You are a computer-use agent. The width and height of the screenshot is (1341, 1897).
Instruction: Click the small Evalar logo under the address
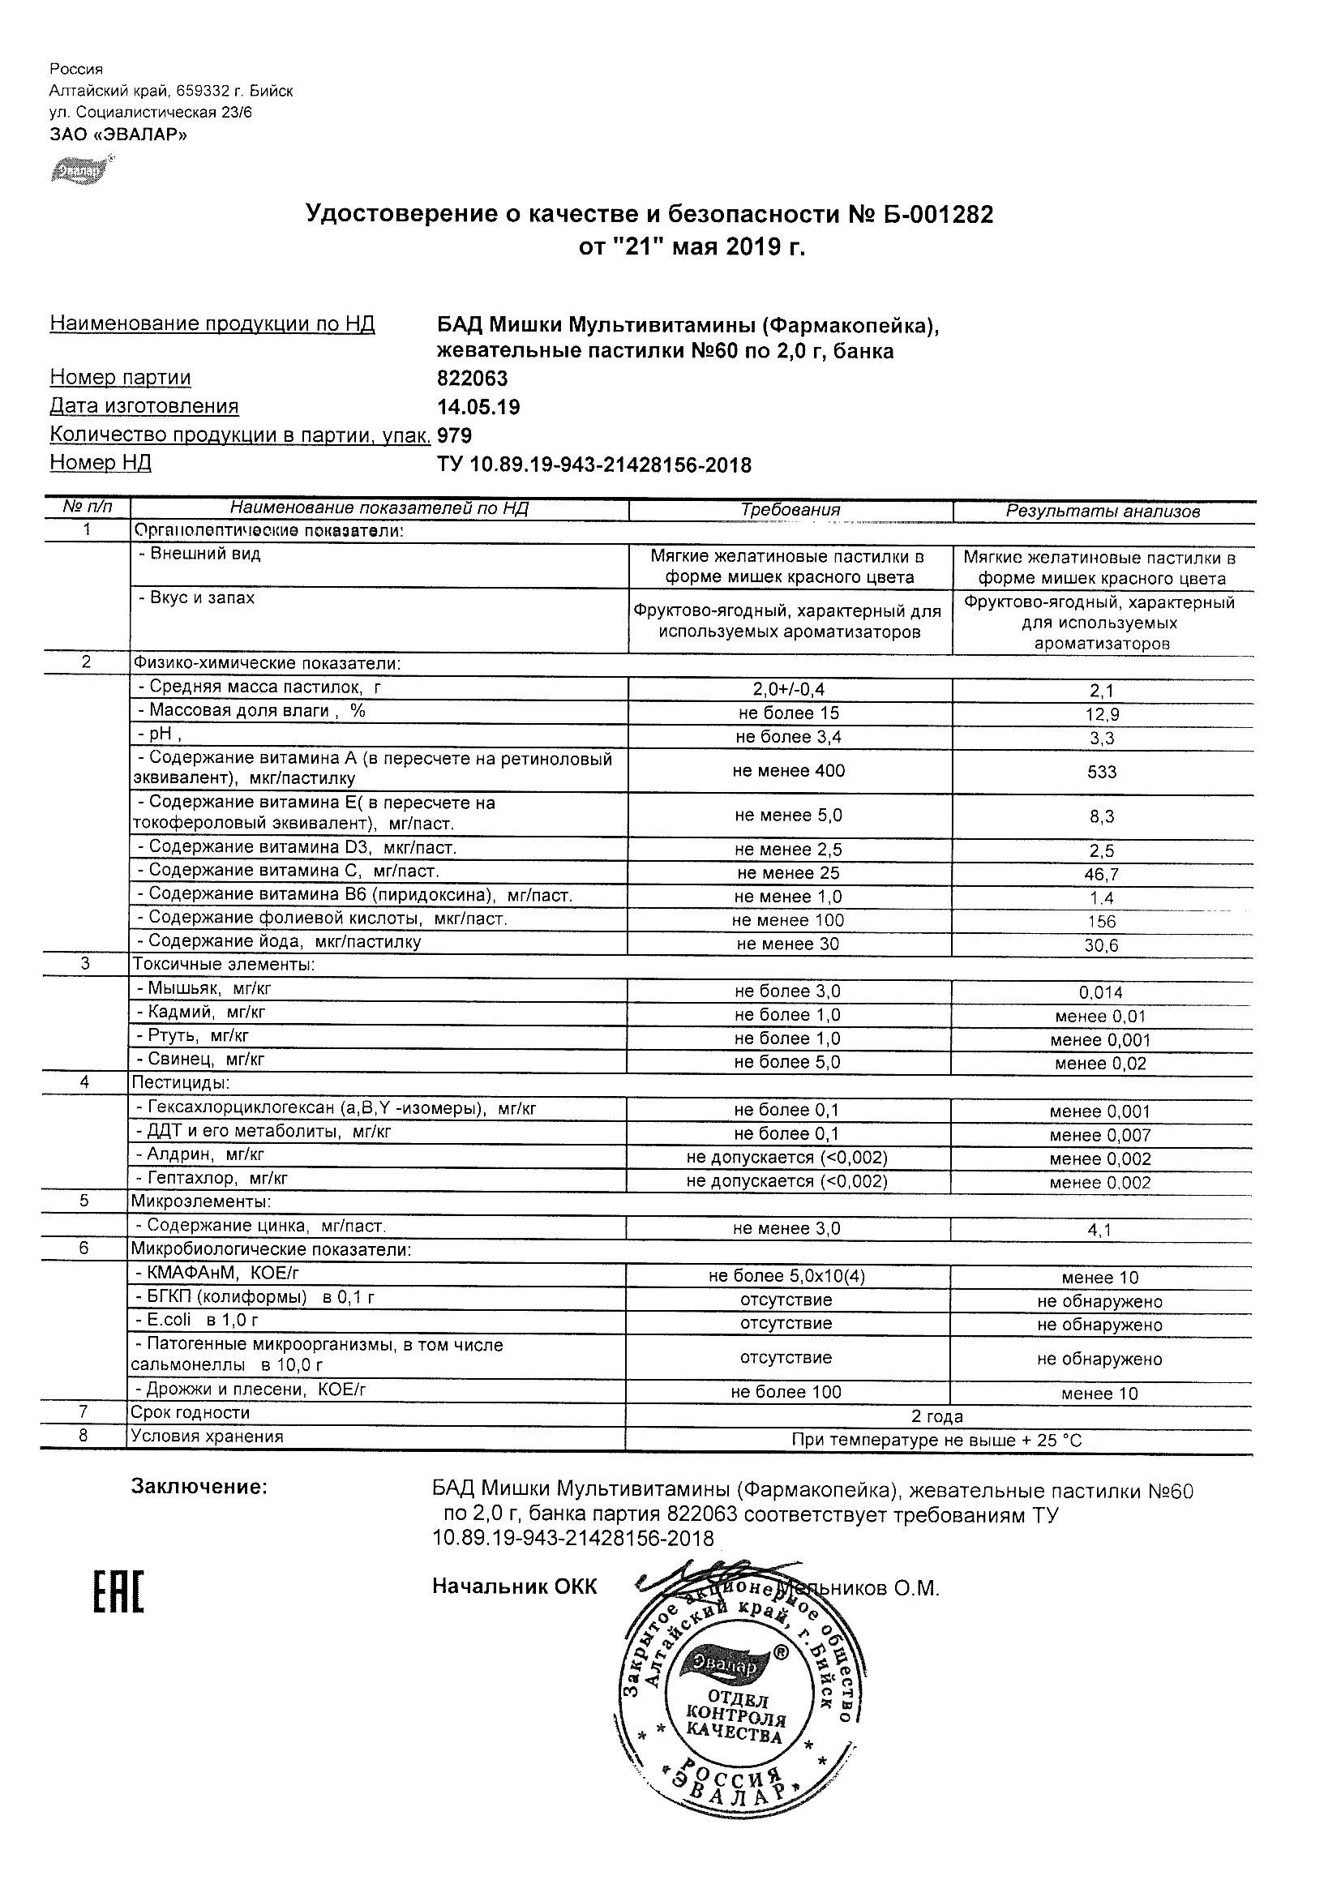tap(80, 170)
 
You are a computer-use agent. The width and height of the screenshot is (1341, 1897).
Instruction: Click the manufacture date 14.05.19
tap(478, 406)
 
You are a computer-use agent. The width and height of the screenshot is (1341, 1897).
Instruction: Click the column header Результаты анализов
tap(1102, 512)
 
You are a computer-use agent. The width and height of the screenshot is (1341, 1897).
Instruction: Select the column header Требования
tap(790, 510)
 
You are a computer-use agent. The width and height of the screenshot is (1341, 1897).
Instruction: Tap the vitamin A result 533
tap(1102, 772)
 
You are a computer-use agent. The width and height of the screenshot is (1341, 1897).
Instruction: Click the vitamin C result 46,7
tap(1102, 874)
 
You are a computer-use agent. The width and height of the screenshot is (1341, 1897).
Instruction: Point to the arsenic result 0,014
tap(1102, 992)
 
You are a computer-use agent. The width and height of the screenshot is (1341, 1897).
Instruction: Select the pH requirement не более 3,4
tap(788, 736)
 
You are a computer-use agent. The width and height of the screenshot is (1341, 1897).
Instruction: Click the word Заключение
tap(199, 1487)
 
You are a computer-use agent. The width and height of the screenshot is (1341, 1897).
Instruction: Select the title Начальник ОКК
tap(514, 1587)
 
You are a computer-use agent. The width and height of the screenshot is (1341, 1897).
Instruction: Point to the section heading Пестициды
tap(181, 1082)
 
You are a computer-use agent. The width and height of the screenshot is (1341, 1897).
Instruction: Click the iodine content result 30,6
tap(1101, 945)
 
